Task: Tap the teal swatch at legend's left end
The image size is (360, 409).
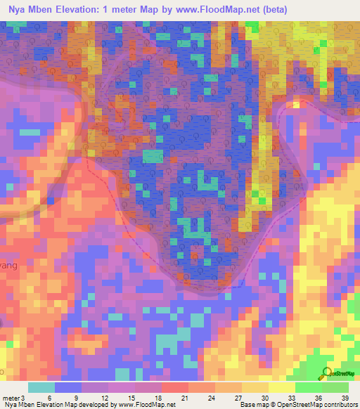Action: [41, 387]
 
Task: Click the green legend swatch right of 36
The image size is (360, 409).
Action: [335, 387]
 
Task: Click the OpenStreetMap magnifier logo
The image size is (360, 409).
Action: [327, 373]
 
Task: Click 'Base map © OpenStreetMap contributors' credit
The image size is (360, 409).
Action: [297, 405]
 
